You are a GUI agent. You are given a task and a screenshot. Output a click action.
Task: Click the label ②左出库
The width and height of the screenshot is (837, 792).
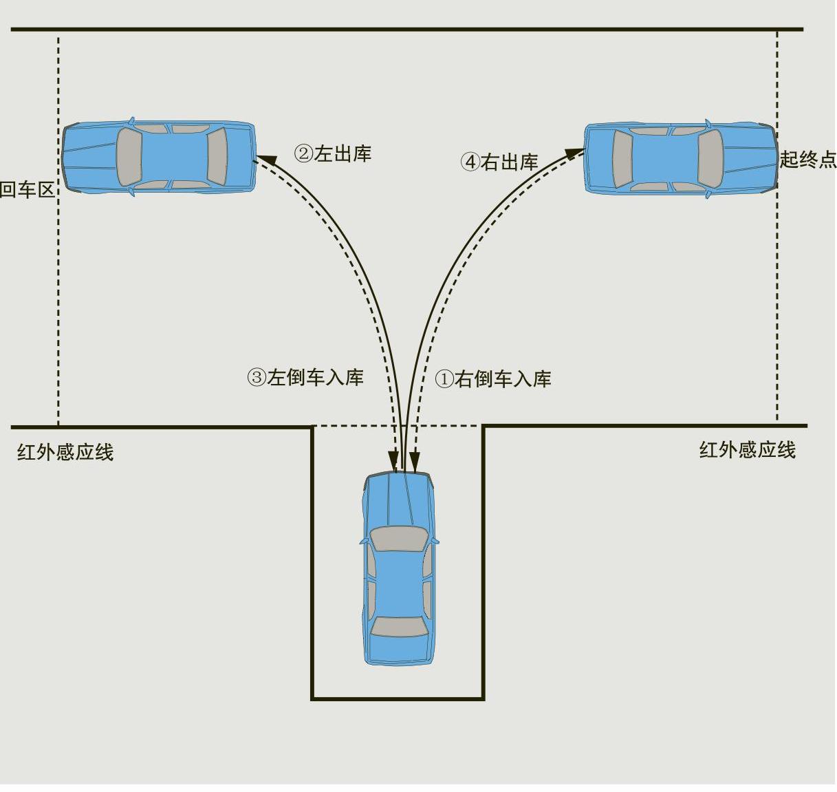coord(333,153)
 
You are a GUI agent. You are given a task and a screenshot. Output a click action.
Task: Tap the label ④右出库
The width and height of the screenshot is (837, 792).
coord(499,162)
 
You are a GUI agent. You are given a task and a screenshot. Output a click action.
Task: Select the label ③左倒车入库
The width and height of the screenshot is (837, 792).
coord(305,377)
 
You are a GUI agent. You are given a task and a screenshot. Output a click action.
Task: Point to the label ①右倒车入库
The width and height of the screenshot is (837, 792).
coord(493,378)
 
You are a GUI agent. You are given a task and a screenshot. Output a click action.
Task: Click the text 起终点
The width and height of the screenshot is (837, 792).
coord(807,159)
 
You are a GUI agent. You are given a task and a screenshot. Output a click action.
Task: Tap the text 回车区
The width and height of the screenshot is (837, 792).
coord(27,190)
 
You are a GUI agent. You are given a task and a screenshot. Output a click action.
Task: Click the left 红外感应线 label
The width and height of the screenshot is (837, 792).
coord(65,452)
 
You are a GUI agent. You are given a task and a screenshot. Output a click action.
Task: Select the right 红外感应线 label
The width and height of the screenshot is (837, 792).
coord(748,450)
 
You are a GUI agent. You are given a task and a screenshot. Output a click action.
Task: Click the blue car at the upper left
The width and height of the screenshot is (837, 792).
coord(159,156)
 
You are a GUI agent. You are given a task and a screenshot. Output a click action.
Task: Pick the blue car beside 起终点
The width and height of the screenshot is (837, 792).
coord(681,158)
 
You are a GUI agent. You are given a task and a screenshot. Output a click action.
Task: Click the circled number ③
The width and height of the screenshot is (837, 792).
coord(257,377)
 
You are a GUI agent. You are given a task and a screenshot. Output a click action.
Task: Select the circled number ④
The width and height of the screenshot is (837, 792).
coord(470,162)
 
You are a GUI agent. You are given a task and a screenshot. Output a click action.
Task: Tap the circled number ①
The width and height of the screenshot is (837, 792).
coord(444,379)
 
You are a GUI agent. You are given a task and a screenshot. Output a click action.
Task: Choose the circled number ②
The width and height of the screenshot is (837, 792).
coord(303,153)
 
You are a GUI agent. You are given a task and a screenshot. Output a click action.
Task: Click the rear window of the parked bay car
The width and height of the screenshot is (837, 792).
coord(399,626)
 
